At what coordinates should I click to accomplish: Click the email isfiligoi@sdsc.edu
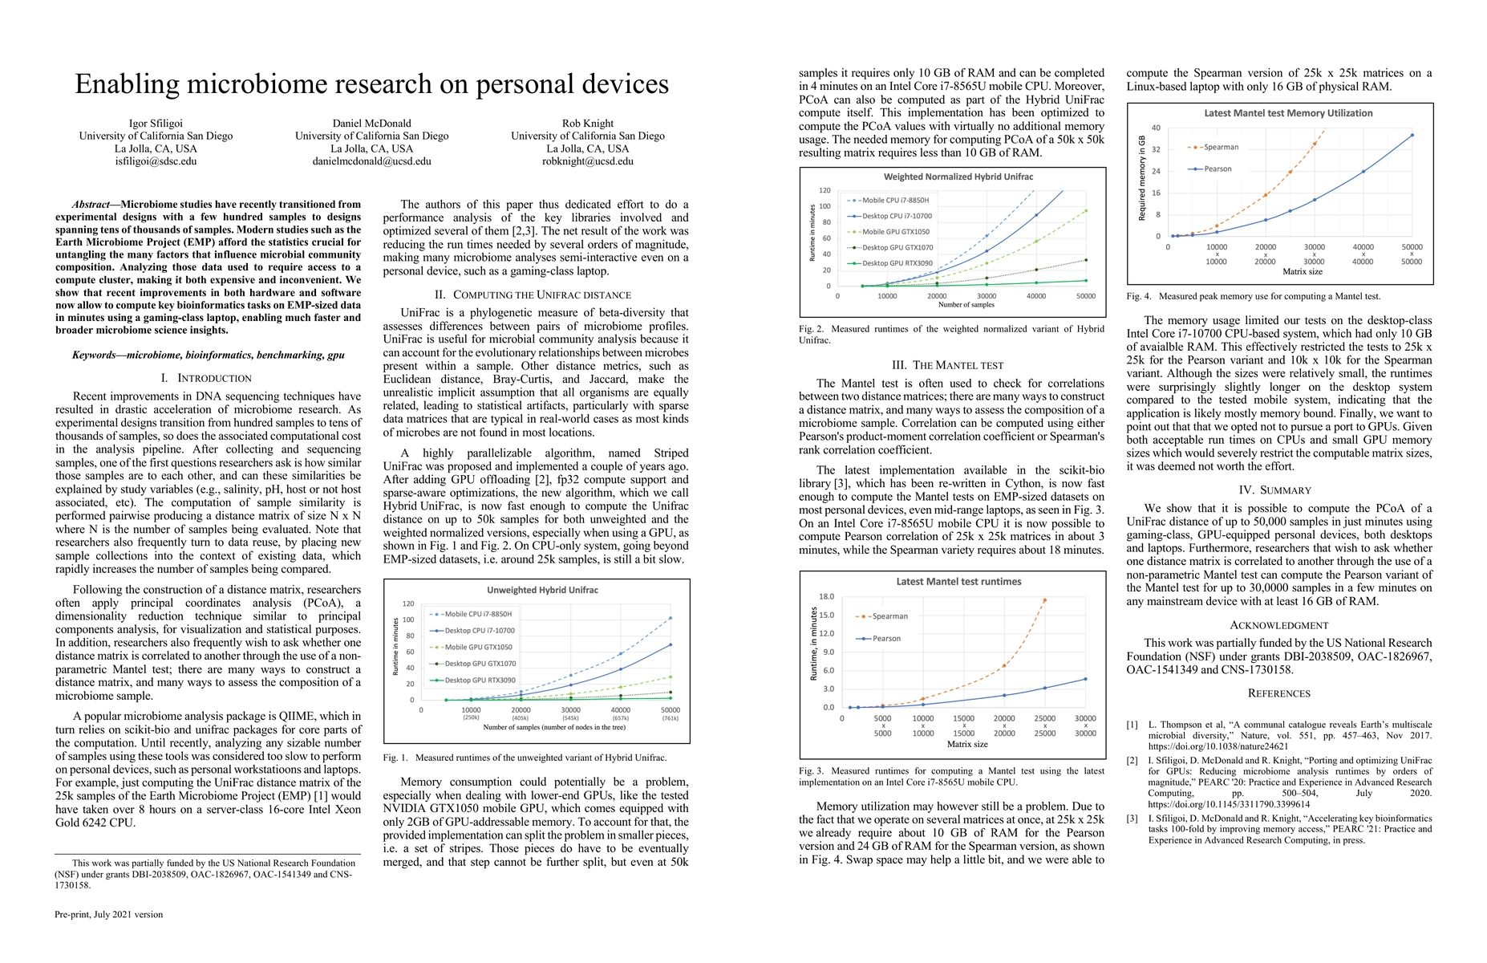pyautogui.click(x=156, y=161)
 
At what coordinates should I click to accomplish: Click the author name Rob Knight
pyautogui.click(x=588, y=124)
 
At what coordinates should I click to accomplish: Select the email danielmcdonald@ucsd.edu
pyautogui.click(x=371, y=161)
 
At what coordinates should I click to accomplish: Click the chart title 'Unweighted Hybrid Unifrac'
pyautogui.click(x=542, y=590)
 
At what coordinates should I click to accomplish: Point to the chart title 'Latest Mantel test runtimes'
pyautogui.click(x=958, y=581)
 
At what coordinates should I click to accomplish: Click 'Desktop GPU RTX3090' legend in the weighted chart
pyautogui.click(x=897, y=263)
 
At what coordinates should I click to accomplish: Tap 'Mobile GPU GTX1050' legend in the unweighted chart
pyautogui.click(x=478, y=647)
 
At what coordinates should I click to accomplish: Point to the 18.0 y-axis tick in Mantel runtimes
pyautogui.click(x=826, y=597)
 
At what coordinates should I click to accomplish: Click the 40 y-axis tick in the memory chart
pyautogui.click(x=1156, y=128)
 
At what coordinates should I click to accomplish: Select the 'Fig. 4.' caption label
pyautogui.click(x=1138, y=297)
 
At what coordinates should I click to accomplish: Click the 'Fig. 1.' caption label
pyautogui.click(x=395, y=758)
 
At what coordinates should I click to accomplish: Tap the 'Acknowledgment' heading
pyautogui.click(x=1279, y=625)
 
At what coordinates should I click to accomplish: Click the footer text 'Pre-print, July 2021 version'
pyautogui.click(x=108, y=914)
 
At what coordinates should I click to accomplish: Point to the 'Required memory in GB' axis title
pyautogui.click(x=1142, y=178)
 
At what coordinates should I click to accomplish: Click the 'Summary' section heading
pyautogui.click(x=1279, y=490)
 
